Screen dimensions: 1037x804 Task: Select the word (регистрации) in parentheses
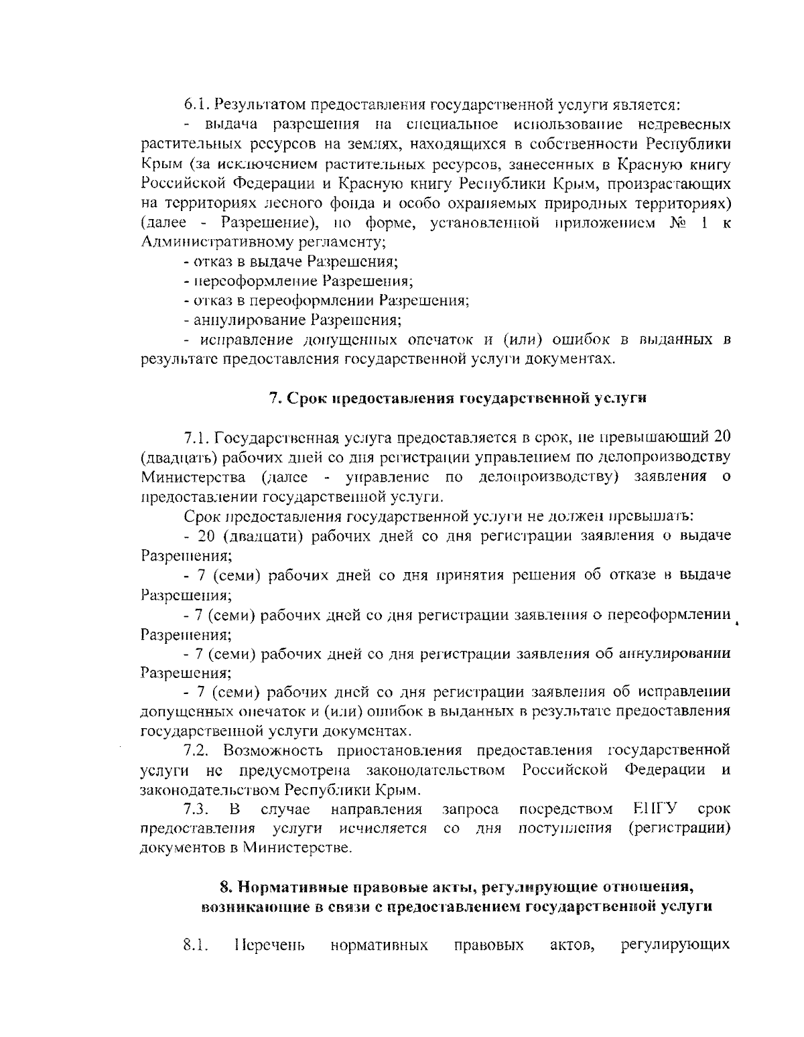click(679, 828)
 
